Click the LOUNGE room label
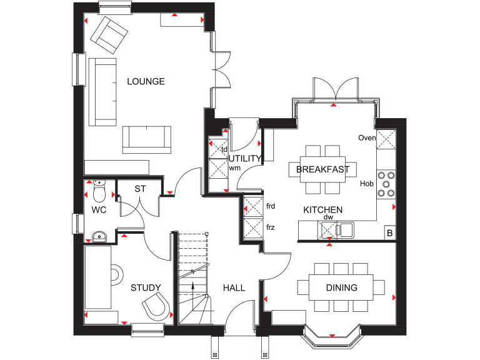click(146, 81)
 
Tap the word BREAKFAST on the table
click(322, 169)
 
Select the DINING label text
click(341, 288)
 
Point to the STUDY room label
click(146, 288)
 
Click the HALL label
click(234, 288)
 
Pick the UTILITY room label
click(245, 159)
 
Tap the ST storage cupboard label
click(140, 189)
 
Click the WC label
click(99, 210)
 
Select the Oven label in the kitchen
click(366, 138)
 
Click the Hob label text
click(366, 184)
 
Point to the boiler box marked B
click(389, 233)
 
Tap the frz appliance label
click(271, 227)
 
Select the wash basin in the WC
click(99, 236)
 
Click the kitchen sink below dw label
click(345, 230)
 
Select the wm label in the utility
click(235, 168)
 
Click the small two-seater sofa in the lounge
click(147, 139)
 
